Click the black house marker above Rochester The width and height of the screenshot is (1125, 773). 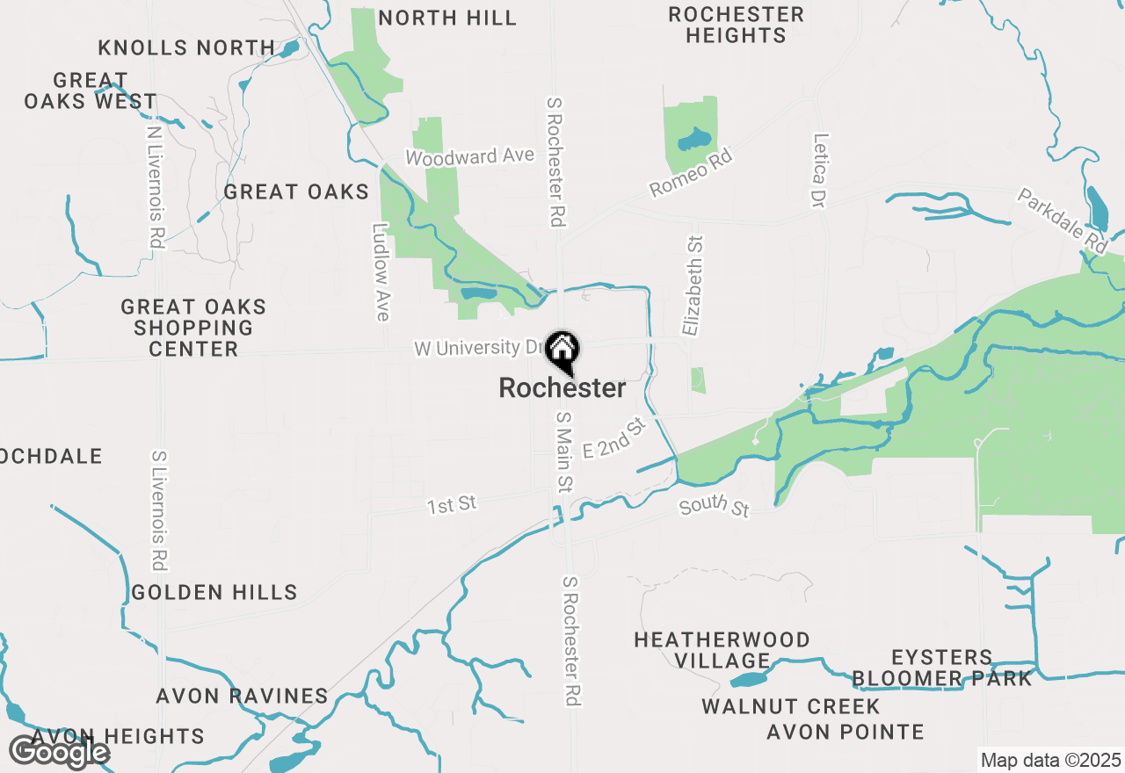[x=562, y=351]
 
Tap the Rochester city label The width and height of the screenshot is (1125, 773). [x=562, y=388]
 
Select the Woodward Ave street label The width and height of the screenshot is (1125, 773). [x=469, y=156]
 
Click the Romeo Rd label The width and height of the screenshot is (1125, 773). [x=690, y=173]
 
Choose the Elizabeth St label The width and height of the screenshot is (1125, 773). [x=693, y=285]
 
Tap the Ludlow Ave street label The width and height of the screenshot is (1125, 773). [x=381, y=272]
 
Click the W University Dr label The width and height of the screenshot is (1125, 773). [x=480, y=348]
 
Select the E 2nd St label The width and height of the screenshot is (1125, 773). [x=614, y=438]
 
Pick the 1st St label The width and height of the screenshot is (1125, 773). [x=452, y=505]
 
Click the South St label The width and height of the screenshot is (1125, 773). [x=714, y=507]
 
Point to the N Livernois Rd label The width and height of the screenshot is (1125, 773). [x=156, y=186]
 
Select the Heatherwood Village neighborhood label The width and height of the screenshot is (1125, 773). [x=722, y=650]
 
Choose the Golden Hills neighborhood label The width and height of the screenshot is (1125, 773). [x=214, y=593]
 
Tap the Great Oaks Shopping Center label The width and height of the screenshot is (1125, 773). [x=193, y=328]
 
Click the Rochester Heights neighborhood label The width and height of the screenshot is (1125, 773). [x=736, y=25]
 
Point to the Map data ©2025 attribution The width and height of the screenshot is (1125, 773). [x=1050, y=760]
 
